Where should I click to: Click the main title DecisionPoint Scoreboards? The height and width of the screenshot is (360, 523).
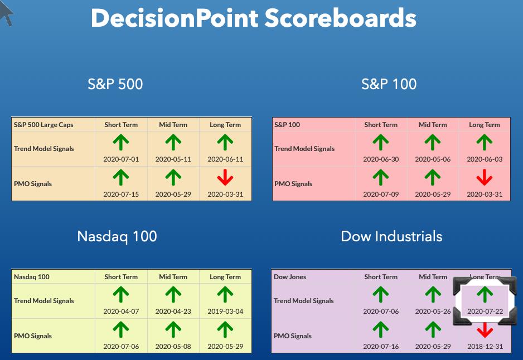coord(254,18)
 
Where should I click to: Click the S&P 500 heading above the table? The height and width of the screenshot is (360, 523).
coord(115,84)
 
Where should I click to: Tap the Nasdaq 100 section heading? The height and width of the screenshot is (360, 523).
coord(117,237)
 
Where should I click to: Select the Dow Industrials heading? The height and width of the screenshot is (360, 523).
coord(391,236)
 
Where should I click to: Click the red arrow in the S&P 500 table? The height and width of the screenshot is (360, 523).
coord(225,177)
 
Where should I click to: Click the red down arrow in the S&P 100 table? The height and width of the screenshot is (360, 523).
coord(485,177)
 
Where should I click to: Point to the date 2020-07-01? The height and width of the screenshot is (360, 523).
coord(121,159)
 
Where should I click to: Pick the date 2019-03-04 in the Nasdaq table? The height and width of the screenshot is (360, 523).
coord(225,312)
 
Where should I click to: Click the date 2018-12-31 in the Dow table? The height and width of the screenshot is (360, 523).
coord(485,346)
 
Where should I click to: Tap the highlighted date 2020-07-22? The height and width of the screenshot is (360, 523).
coord(485,312)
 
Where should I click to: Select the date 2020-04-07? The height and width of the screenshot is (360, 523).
coord(121,312)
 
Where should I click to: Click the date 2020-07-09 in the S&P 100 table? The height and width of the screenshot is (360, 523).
coord(381,194)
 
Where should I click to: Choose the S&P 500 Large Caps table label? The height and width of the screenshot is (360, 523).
coord(43,125)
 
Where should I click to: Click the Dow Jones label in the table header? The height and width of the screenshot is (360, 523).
coord(290,276)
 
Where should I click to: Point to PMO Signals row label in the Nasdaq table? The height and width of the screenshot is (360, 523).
coord(33,336)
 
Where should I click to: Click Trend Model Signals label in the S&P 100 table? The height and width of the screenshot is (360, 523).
coord(304,149)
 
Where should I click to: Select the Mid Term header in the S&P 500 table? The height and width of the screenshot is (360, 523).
coord(173,125)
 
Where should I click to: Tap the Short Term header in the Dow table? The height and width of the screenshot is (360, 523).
coord(381,276)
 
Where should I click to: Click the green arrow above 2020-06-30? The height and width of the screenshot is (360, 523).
coord(381,142)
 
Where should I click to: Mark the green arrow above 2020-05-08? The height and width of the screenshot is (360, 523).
coord(173,329)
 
